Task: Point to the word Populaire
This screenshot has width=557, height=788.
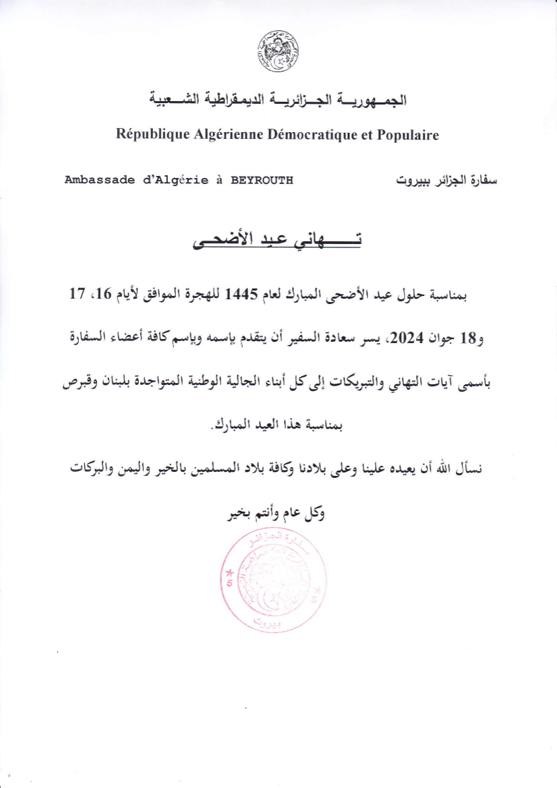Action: click(x=407, y=135)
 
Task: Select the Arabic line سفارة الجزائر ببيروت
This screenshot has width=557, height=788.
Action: click(x=446, y=181)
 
